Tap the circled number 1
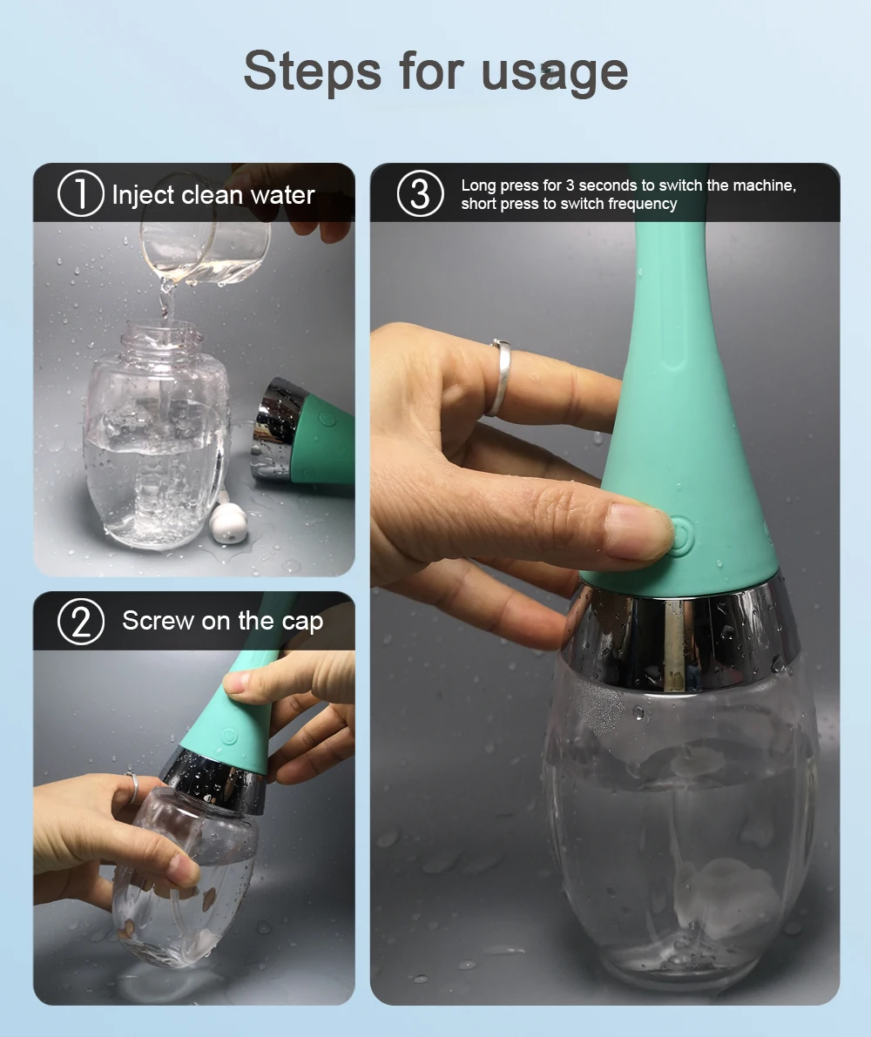click(x=80, y=194)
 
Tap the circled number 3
click(x=420, y=194)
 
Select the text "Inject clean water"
click(x=213, y=195)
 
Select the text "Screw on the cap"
click(x=222, y=622)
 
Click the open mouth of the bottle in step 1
click(x=161, y=330)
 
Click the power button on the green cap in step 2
click(x=229, y=734)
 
